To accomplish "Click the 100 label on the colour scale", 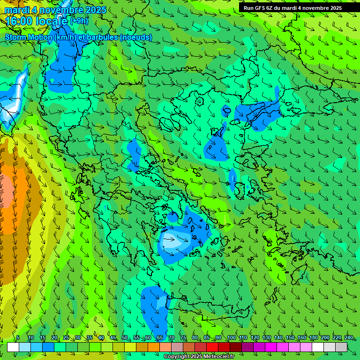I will click(x=232, y=338).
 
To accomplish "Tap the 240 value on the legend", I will click(x=349, y=338).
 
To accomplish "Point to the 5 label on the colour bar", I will click(x=18, y=338).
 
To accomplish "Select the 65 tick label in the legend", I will click(x=160, y=338).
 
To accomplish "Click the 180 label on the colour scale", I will click(x=313, y=338).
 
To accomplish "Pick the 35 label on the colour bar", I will click(x=89, y=338).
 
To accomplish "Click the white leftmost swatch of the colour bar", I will click(x=13, y=347).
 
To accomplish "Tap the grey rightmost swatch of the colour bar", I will click(x=341, y=347).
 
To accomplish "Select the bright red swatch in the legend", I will click(x=212, y=347).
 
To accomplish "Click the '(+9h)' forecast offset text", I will click(x=78, y=21).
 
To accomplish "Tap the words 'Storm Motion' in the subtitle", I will click(x=28, y=37).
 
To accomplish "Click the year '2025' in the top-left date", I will click(x=96, y=10).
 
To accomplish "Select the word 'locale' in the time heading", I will click(x=51, y=21).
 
